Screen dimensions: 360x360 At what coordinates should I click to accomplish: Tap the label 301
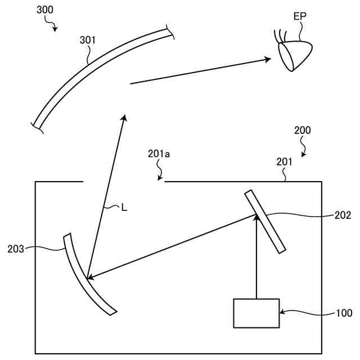click(x=88, y=40)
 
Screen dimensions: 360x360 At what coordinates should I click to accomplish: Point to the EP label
click(x=300, y=16)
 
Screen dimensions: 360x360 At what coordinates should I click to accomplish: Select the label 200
click(x=302, y=130)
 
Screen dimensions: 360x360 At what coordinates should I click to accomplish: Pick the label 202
click(x=342, y=215)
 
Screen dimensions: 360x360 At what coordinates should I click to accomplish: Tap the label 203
click(x=16, y=248)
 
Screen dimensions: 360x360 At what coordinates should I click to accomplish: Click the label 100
click(x=344, y=313)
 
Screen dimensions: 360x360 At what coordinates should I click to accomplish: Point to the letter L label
click(x=124, y=208)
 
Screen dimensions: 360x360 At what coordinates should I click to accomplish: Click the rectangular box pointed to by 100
click(x=256, y=313)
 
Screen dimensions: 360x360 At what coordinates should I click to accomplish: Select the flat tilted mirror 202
click(x=265, y=221)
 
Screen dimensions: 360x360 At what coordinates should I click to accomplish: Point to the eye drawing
click(x=295, y=55)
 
